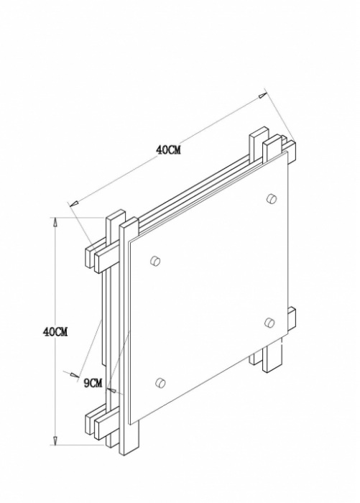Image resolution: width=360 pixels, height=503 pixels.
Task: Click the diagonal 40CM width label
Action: [168, 149]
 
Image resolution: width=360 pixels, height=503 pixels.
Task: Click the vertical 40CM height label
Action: [55, 332]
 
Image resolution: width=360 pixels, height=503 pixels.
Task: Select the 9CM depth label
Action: [93, 383]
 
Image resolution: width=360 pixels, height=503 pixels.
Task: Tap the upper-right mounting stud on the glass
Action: [272, 198]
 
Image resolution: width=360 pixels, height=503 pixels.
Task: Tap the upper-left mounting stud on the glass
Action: [155, 261]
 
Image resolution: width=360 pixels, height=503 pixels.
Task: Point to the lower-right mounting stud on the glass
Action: [269, 323]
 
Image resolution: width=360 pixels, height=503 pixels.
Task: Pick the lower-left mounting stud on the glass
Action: [160, 383]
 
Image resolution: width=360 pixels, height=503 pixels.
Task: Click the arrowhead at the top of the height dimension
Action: [55, 223]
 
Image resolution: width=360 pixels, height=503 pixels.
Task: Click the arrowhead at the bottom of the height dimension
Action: [55, 440]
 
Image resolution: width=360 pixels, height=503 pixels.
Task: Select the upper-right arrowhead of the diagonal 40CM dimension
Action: [263, 95]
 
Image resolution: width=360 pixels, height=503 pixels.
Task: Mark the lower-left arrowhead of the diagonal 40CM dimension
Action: [75, 203]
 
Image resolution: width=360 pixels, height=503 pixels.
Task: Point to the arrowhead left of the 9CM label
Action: [75, 374]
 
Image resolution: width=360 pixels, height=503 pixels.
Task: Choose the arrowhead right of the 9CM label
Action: [111, 389]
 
